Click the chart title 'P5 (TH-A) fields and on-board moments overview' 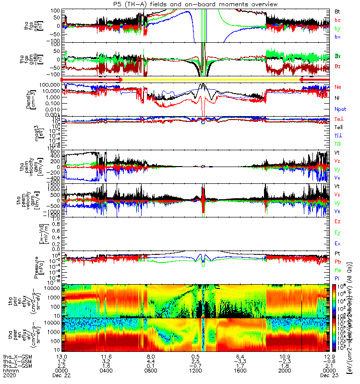(x=180, y=4)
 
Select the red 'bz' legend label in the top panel (x=338, y=20)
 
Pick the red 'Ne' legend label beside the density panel (x=338, y=87)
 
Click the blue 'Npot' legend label (x=340, y=109)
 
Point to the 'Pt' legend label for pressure (x=338, y=253)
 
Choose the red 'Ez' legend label (x=338, y=222)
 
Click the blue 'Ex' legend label (x=338, y=244)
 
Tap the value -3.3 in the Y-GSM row (x=239, y=360)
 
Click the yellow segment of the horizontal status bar (x=211, y=79)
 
